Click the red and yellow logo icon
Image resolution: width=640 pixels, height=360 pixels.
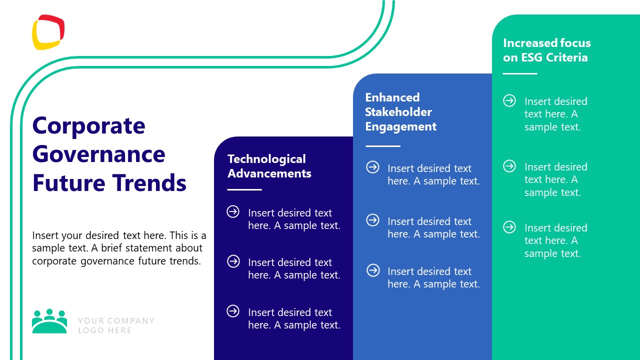[x=48, y=32]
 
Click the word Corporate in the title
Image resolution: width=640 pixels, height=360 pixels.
[x=88, y=125]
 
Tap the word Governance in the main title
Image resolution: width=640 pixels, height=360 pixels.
[x=98, y=154]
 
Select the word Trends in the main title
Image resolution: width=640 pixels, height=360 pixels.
[x=149, y=182]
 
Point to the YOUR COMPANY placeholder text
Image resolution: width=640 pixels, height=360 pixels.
[x=116, y=320]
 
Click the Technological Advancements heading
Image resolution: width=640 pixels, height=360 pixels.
[x=269, y=166]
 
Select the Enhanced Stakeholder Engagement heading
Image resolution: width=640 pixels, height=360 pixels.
[x=400, y=112]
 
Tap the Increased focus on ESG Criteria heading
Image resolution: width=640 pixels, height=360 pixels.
[x=546, y=50]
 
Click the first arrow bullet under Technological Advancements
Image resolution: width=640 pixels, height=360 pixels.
[x=233, y=212]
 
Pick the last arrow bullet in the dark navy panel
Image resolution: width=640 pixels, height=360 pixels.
[x=233, y=311]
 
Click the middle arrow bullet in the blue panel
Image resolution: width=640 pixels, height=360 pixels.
[x=373, y=220]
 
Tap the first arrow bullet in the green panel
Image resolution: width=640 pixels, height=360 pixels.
[x=509, y=100]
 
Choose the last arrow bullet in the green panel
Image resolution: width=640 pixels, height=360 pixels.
[x=509, y=227]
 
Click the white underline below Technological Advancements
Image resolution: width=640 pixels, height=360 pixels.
[x=244, y=189]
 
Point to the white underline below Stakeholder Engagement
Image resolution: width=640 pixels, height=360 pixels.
[x=383, y=146]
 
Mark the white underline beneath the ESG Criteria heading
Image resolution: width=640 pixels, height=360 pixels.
[x=520, y=73]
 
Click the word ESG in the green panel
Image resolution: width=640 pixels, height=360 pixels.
[x=532, y=57]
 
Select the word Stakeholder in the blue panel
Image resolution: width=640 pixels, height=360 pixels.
[x=398, y=112]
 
